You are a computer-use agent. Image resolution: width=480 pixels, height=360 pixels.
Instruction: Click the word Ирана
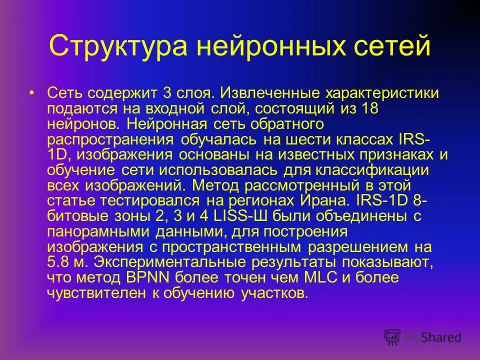pyautogui.click(x=320, y=201)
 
